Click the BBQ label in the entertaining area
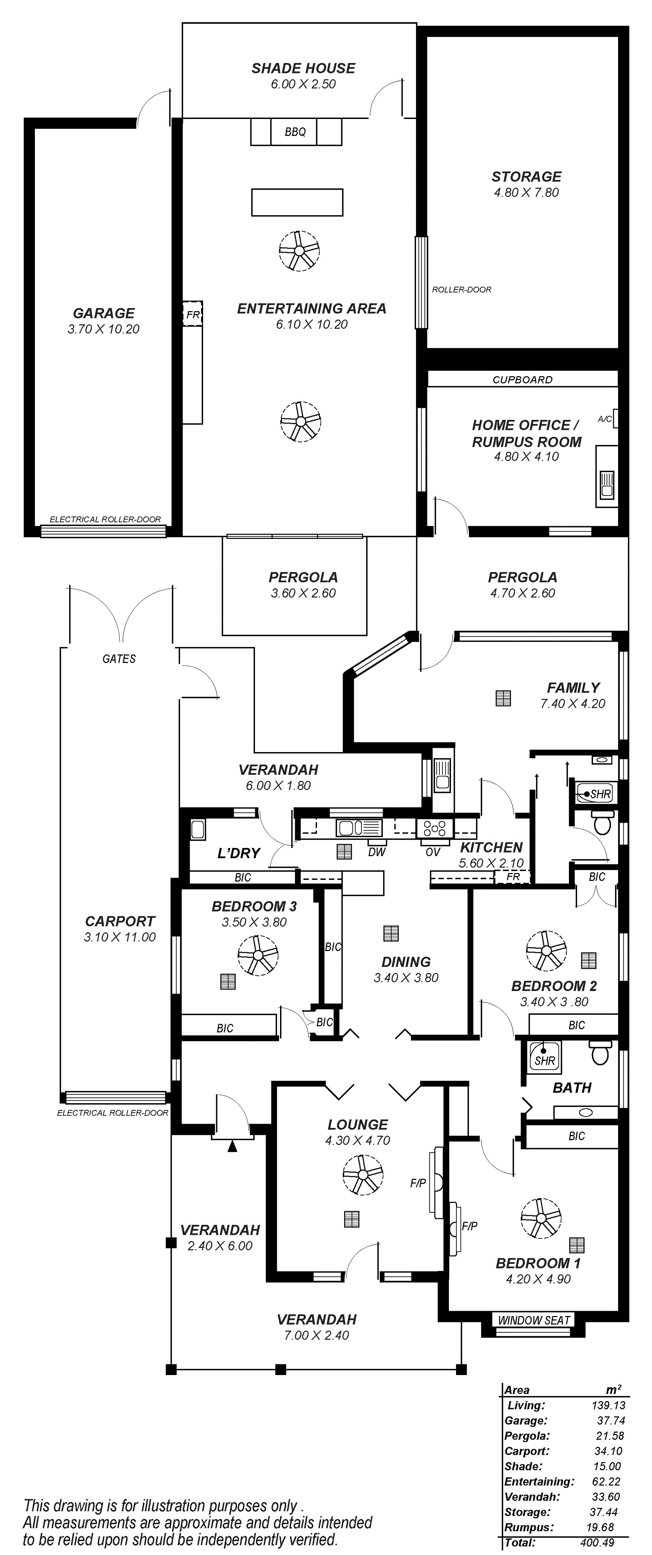click(295, 132)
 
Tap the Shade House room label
click(303, 68)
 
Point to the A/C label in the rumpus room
click(604, 418)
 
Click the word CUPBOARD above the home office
click(522, 380)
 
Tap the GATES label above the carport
click(119, 659)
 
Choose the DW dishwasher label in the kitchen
click(377, 852)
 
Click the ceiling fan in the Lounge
click(363, 1175)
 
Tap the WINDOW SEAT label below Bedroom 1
click(534, 1320)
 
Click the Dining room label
click(406, 962)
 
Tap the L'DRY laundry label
click(238, 853)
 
